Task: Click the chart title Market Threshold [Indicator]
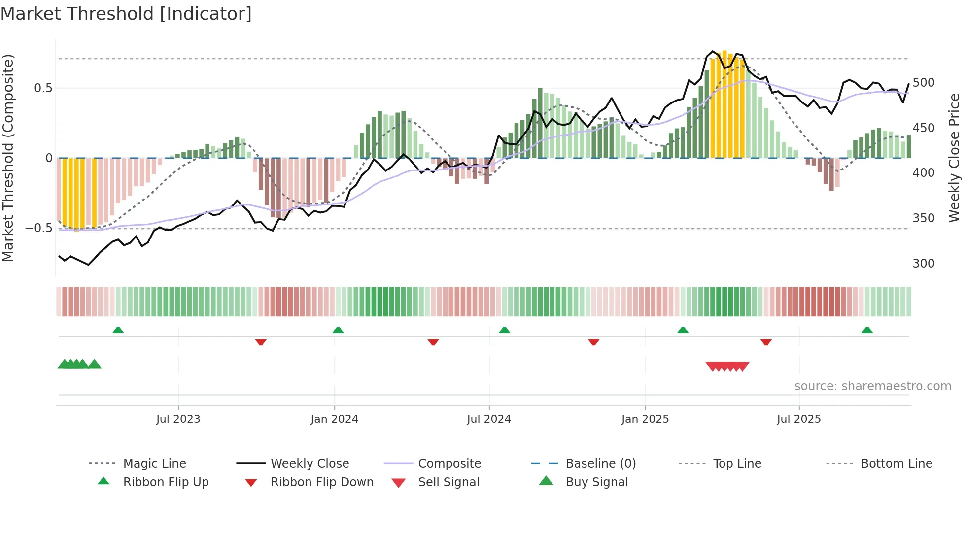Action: coord(126,14)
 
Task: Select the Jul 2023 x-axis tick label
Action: coord(178,419)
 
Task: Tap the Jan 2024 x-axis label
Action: coord(334,419)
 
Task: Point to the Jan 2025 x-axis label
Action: coord(645,419)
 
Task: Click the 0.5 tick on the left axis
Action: coord(43,88)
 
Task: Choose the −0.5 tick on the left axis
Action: coord(39,228)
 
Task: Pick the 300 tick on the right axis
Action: coord(923,264)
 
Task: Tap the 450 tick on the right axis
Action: coord(923,128)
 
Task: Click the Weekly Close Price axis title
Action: coord(954,158)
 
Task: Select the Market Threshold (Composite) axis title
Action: coord(8,158)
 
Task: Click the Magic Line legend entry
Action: coord(154,464)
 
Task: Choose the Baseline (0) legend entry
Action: coord(600,464)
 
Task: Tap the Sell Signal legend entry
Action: coord(448,482)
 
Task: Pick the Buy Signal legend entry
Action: coord(596,482)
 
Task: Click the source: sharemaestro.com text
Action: coord(872,386)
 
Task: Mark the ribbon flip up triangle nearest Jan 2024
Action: coord(338,330)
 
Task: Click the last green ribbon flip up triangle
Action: coord(867,330)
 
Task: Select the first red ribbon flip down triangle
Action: coord(261,342)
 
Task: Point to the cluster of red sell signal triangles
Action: coord(727,366)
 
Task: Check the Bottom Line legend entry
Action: coord(896,464)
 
